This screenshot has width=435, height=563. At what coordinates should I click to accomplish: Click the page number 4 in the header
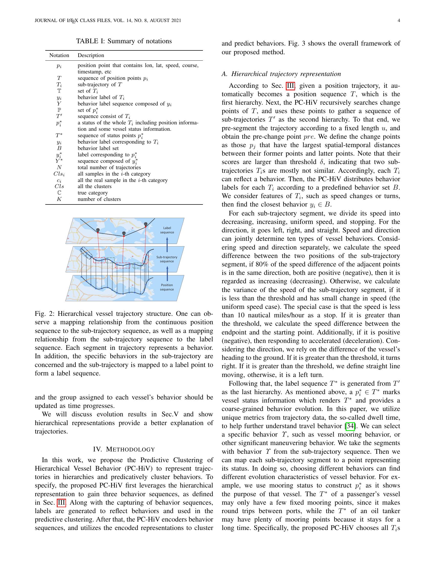(x=399, y=21)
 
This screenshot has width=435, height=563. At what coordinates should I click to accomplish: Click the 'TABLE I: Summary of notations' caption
(x=124, y=41)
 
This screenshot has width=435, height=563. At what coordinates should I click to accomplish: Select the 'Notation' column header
(x=59, y=56)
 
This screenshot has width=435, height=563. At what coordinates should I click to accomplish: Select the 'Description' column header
(x=91, y=56)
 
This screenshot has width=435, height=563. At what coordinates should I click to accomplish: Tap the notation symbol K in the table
(x=59, y=199)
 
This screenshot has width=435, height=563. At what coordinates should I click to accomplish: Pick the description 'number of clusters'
(x=99, y=199)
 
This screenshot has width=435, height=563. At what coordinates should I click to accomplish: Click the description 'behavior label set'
(x=98, y=148)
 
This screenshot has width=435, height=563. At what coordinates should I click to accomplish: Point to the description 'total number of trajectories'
(x=109, y=167)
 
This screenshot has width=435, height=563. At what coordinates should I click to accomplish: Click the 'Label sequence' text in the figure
(x=167, y=230)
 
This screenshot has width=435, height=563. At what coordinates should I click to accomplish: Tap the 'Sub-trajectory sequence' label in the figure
(x=167, y=259)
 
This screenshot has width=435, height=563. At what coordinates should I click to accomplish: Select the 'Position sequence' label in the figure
(x=167, y=287)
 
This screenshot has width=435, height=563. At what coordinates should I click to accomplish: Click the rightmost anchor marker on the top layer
(x=146, y=224)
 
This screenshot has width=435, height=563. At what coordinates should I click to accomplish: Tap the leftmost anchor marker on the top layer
(x=98, y=230)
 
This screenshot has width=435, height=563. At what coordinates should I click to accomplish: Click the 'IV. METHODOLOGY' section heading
(x=124, y=450)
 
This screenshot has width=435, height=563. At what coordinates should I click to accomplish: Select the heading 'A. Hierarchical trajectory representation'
(x=281, y=74)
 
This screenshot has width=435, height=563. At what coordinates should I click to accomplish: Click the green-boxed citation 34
(x=350, y=426)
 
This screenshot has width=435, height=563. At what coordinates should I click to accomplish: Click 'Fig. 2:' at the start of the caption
(x=45, y=314)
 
